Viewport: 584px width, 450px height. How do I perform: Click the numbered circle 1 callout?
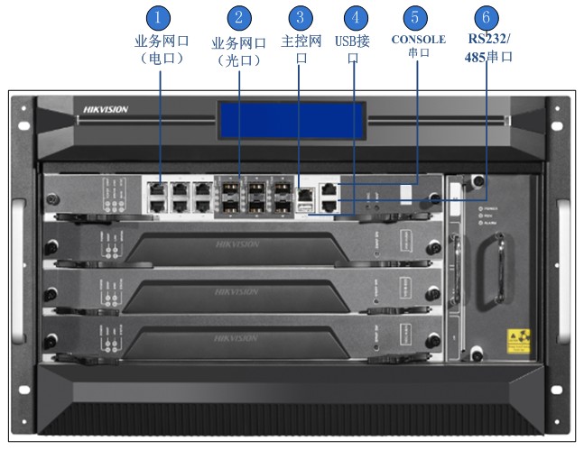pos(159,18)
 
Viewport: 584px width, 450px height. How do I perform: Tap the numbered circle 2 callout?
pos(238,18)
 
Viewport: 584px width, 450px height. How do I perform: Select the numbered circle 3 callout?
pos(301,18)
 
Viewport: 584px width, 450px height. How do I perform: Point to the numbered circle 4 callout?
pos(358,18)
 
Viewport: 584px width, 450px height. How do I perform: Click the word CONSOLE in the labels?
pos(418,40)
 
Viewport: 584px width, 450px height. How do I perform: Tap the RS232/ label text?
pos(489,40)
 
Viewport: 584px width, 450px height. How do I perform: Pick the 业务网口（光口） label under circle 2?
pos(238,51)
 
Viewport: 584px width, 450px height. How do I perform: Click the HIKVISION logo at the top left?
pos(106,110)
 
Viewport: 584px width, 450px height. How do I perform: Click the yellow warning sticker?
pos(519,339)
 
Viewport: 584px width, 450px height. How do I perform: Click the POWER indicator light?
pos(476,207)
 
